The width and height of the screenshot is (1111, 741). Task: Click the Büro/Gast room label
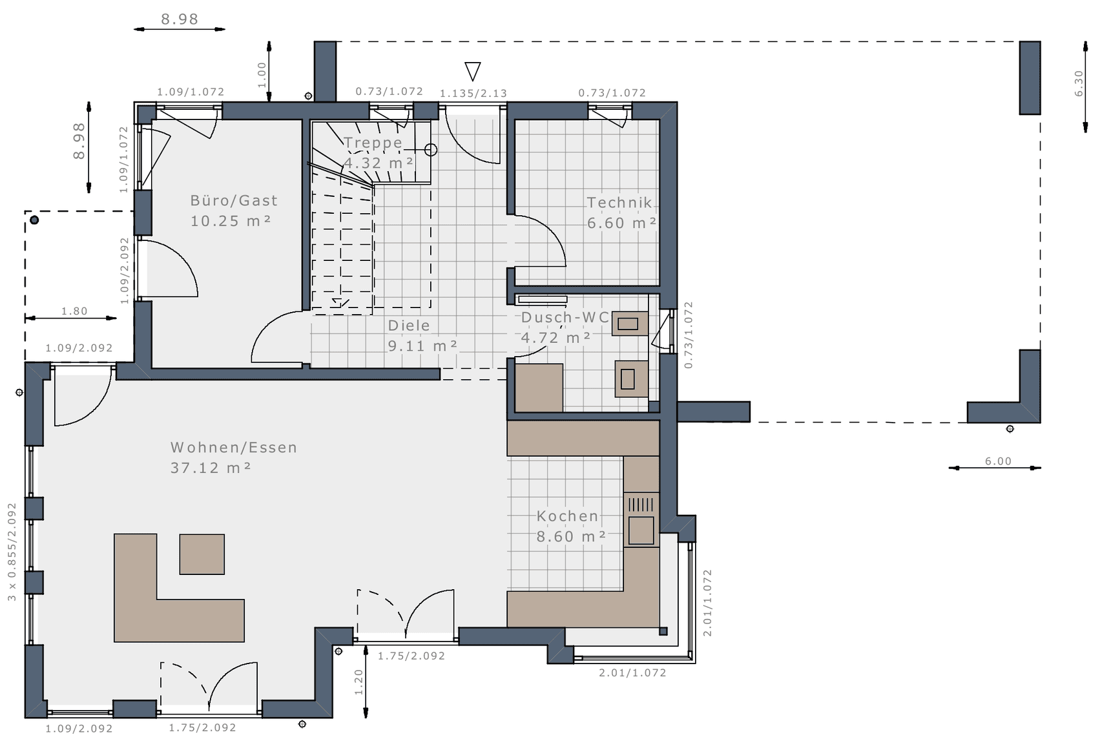[x=234, y=201]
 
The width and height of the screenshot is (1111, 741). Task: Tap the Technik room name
[x=619, y=203]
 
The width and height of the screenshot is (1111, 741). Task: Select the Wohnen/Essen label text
[x=234, y=448]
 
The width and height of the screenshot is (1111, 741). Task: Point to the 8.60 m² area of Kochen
[x=571, y=537]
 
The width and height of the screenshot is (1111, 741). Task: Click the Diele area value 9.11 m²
[x=422, y=346]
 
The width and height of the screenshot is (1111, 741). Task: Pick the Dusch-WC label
[x=565, y=317]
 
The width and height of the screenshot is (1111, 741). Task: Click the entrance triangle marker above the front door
[x=473, y=71]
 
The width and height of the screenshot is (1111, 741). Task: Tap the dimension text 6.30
[x=1079, y=83]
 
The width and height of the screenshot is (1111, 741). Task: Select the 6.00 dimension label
[x=998, y=461]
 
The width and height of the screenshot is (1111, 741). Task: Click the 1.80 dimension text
[x=74, y=311]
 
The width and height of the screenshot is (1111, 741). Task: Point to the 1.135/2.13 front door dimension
[x=473, y=94]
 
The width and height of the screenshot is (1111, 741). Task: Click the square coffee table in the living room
[x=202, y=554]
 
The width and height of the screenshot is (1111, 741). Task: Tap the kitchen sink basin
[x=641, y=530]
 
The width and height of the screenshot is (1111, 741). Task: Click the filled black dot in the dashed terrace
[x=34, y=220]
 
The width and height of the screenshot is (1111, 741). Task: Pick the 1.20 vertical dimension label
[x=358, y=682]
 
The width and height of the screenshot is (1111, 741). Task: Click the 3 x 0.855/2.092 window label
[x=12, y=552]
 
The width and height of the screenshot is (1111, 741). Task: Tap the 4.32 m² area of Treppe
[x=379, y=163]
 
